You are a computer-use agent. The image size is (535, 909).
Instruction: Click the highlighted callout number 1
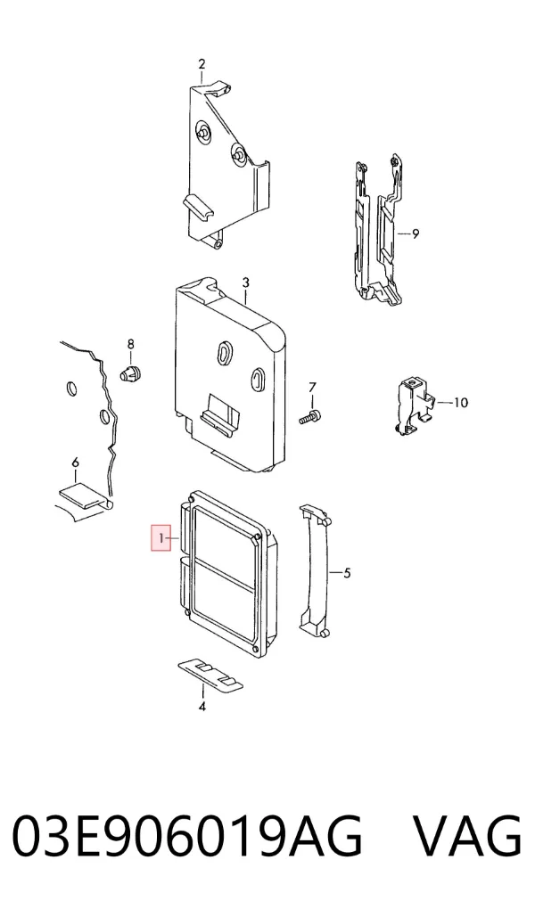[161, 539]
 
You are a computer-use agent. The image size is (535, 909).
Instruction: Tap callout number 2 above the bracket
[202, 64]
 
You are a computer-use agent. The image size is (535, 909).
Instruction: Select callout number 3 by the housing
[245, 283]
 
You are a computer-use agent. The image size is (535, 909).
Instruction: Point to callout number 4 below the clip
[202, 707]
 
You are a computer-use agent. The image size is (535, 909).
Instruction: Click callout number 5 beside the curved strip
[347, 573]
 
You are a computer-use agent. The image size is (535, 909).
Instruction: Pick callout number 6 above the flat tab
[75, 463]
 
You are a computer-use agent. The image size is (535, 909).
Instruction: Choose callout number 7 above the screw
[312, 388]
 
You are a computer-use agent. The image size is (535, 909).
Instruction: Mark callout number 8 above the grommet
[130, 344]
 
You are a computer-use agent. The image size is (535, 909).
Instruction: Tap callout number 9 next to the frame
[416, 234]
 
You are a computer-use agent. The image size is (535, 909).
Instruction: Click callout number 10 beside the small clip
[460, 402]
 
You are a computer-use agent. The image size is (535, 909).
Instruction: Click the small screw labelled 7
[310, 417]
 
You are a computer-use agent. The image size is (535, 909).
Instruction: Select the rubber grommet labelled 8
[132, 373]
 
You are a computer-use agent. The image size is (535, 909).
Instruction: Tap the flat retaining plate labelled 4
[210, 675]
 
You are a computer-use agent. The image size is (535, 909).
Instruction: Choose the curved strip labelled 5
[315, 569]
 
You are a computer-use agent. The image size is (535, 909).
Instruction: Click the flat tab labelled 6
[86, 495]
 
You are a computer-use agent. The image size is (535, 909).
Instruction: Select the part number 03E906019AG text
[187, 836]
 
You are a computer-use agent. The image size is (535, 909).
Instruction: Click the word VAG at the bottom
[469, 836]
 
